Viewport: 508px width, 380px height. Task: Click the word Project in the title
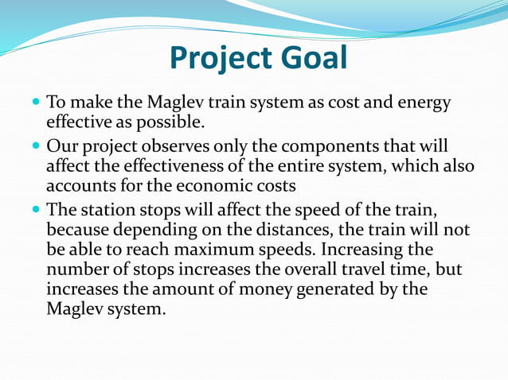[221, 58]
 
